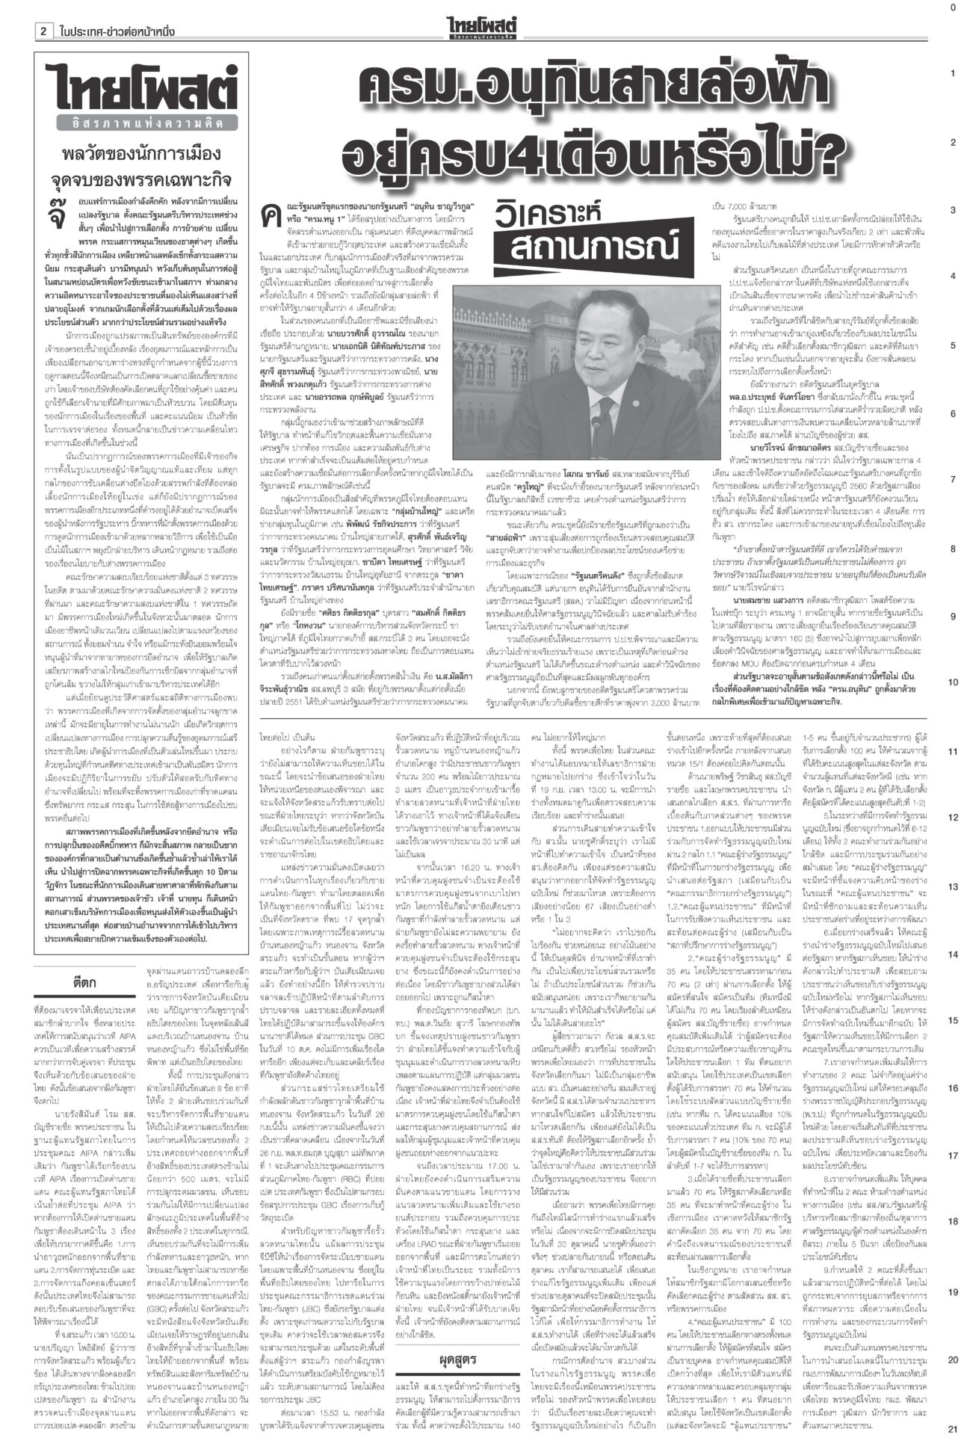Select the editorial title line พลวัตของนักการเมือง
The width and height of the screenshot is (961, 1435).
pyautogui.click(x=145, y=155)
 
